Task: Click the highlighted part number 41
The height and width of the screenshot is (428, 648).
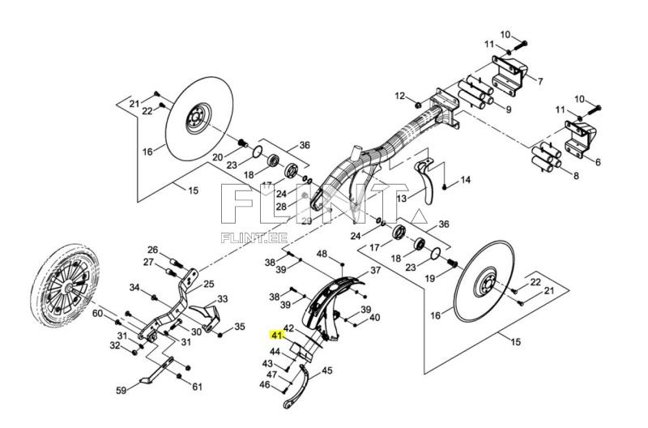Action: click(x=276, y=335)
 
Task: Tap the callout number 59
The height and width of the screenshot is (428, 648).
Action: click(x=121, y=391)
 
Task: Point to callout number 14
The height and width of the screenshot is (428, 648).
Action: click(x=465, y=179)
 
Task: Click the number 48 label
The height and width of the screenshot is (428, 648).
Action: click(x=322, y=255)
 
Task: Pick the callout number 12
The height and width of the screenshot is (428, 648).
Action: click(x=399, y=96)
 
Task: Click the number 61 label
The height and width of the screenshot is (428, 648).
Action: click(x=197, y=386)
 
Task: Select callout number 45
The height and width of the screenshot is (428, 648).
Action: click(x=327, y=370)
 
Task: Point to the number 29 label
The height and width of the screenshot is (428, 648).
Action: click(x=305, y=221)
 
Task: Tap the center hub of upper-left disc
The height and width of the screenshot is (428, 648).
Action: click(x=194, y=121)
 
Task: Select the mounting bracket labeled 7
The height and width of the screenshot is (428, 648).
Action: click(x=508, y=74)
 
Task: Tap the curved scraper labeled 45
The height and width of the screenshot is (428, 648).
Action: click(x=300, y=386)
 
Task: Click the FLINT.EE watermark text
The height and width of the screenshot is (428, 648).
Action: click(x=254, y=238)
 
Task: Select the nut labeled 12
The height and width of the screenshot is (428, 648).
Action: click(x=416, y=105)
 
